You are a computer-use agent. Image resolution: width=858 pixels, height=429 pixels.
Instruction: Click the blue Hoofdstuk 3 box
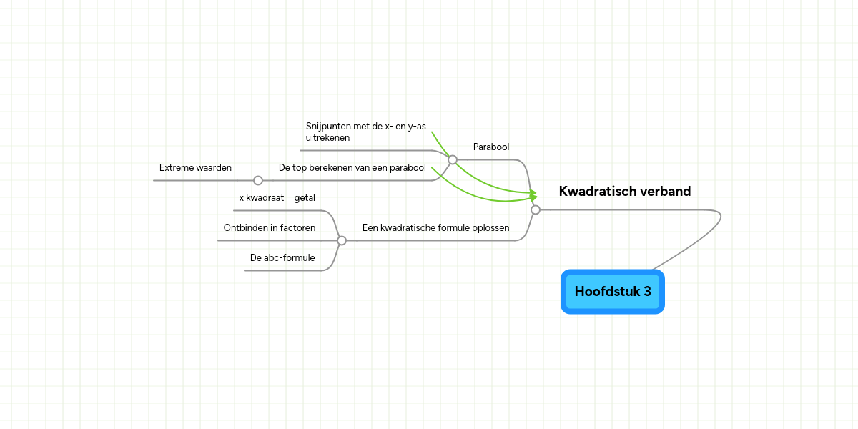click(613, 292)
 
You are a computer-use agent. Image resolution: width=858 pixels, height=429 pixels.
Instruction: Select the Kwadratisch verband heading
click(625, 191)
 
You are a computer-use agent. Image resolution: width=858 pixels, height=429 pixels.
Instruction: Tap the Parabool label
click(491, 147)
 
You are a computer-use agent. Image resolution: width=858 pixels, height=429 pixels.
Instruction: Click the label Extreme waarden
click(195, 168)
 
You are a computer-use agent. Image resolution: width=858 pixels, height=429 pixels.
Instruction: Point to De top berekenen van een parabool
click(352, 168)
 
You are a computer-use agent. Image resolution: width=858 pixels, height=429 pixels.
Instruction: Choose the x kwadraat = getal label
click(277, 197)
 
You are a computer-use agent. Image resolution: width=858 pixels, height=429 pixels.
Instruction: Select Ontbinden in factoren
click(270, 227)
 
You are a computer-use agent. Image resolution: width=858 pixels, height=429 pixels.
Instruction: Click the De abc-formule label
click(282, 258)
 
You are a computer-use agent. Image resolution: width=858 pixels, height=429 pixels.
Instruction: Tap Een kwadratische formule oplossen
click(435, 227)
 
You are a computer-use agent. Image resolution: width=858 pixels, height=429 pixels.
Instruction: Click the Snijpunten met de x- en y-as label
click(365, 126)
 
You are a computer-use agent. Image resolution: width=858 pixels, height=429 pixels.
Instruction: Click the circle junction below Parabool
click(453, 159)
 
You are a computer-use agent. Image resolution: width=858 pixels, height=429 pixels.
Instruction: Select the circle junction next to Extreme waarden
click(258, 180)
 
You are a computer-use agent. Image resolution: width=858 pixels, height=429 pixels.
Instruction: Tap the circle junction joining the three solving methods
click(342, 240)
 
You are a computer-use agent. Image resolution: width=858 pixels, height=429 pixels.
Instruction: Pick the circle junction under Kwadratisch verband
click(536, 210)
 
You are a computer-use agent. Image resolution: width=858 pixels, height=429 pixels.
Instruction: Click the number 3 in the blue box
click(647, 292)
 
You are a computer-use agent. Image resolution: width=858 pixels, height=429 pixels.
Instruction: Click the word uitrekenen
click(327, 138)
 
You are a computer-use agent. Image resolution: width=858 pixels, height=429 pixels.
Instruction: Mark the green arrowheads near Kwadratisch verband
click(533, 195)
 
